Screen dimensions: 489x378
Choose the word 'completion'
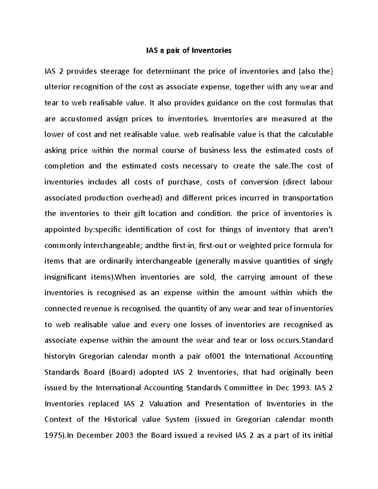tap(64, 166)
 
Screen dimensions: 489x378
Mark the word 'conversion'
tap(253, 182)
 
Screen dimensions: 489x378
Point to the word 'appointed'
tap(62, 230)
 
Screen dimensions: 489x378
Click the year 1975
tap(54, 435)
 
